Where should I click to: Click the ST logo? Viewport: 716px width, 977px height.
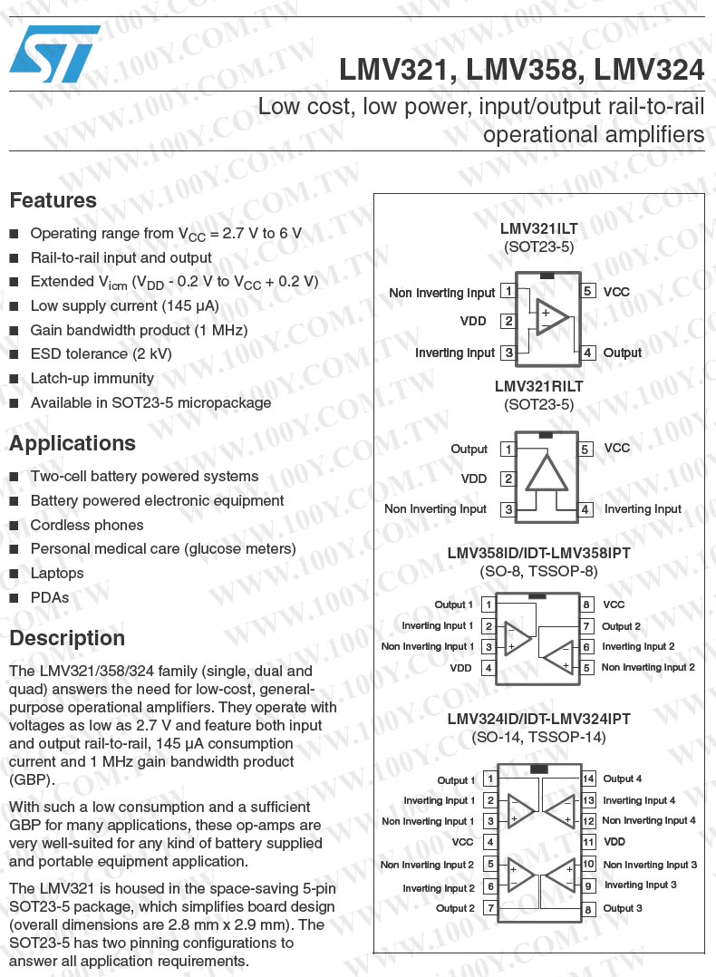click(x=54, y=53)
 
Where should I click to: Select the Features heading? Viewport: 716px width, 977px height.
click(x=53, y=200)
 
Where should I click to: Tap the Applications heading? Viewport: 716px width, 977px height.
click(x=73, y=443)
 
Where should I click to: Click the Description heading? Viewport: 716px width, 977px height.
click(x=67, y=638)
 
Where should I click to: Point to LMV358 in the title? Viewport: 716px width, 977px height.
click(x=508, y=70)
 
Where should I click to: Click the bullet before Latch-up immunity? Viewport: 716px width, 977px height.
click(x=15, y=379)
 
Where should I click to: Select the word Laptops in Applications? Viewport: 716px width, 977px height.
click(x=57, y=573)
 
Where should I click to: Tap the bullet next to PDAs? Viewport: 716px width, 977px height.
click(x=15, y=598)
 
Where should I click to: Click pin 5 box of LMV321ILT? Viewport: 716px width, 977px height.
click(x=588, y=291)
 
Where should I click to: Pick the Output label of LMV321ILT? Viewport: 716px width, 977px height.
click(x=623, y=353)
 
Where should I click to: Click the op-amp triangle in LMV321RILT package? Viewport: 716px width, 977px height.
click(x=546, y=474)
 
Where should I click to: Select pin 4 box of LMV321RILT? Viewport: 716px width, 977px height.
click(x=586, y=509)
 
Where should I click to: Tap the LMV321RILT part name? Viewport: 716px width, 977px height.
click(x=539, y=386)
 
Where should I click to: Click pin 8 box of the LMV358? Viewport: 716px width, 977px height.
click(x=587, y=605)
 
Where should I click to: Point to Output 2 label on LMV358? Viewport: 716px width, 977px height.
click(x=621, y=626)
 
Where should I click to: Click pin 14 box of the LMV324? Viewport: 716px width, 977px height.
click(x=588, y=779)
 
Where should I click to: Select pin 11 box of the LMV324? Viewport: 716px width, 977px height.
click(x=588, y=843)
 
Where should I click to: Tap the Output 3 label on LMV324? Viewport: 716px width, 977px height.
click(x=623, y=908)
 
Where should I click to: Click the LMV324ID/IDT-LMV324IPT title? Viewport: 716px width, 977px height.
click(x=539, y=719)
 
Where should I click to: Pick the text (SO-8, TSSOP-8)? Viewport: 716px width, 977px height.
click(x=539, y=571)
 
